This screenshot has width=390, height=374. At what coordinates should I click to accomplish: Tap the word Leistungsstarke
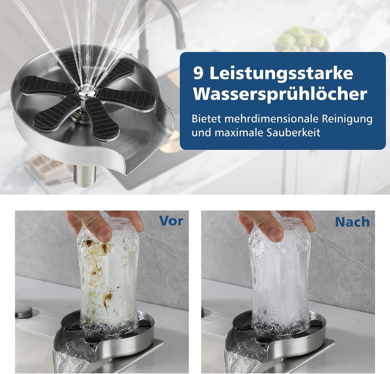281,74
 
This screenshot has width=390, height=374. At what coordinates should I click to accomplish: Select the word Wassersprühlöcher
280,94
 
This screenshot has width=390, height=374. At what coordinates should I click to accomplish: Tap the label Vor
171,221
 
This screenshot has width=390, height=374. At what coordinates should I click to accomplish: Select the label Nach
352,222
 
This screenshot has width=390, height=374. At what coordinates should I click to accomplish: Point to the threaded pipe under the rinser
84,176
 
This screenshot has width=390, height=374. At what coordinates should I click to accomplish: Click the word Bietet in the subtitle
204,119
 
